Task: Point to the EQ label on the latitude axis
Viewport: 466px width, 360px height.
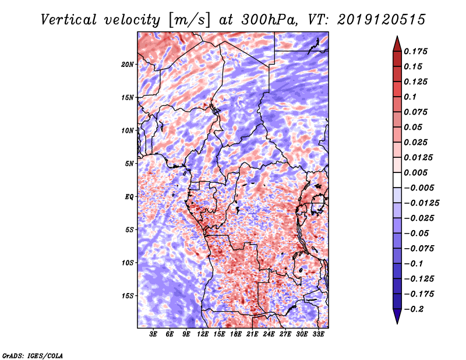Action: pos(129,196)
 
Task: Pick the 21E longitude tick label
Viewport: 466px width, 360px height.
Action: pos(252,334)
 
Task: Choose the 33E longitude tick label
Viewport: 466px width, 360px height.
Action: pos(319,334)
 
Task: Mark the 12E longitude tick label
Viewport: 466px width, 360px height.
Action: pos(203,334)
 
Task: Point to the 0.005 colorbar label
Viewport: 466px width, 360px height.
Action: pos(417,172)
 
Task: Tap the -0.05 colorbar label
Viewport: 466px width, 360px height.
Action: pos(419,233)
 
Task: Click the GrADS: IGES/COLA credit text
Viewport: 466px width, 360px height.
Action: pos(32,355)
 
